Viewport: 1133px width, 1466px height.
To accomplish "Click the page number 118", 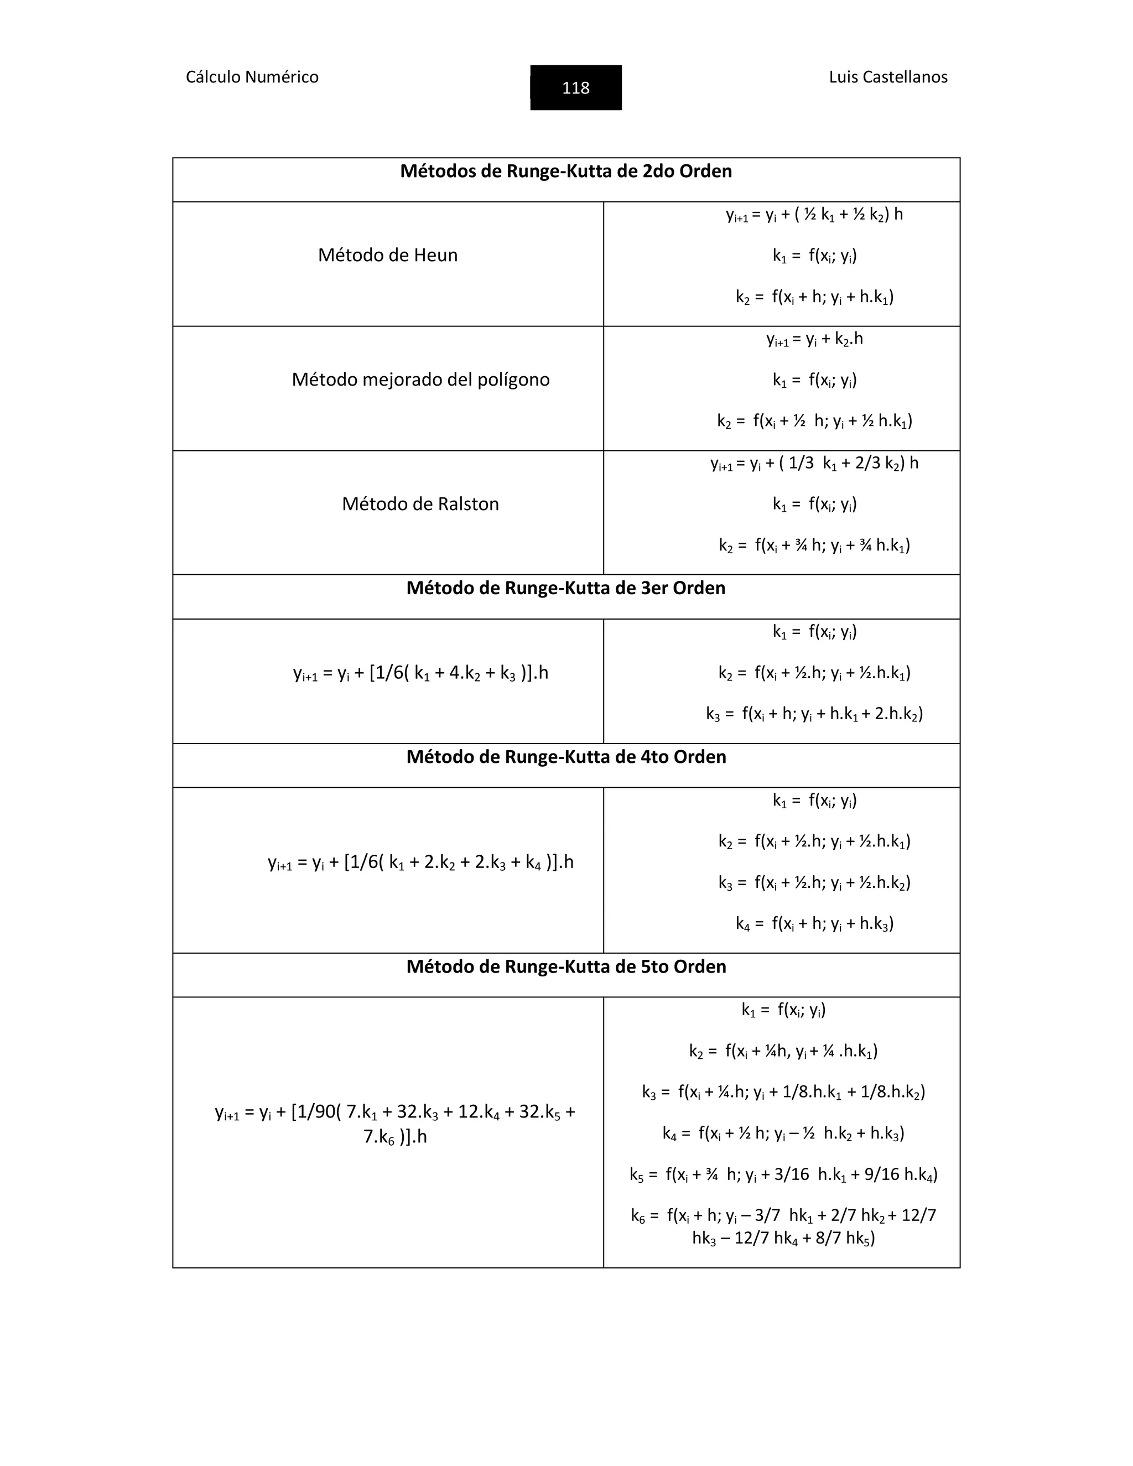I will coord(575,88).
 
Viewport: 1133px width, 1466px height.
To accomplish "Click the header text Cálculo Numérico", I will coord(252,77).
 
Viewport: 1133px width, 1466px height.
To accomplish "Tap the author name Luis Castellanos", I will coord(887,77).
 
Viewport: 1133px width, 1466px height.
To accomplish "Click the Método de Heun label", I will coord(387,255).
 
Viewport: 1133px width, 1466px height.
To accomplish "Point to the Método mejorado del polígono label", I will coord(420,380).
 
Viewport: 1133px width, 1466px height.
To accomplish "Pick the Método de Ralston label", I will coord(420,504).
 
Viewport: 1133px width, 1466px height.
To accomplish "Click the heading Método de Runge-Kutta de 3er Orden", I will coord(566,589).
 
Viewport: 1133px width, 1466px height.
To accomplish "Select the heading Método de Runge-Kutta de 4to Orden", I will coord(566,757).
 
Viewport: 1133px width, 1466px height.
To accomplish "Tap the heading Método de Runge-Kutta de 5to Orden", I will coord(566,966).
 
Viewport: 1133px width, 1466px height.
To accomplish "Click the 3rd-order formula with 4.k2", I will coord(420,673).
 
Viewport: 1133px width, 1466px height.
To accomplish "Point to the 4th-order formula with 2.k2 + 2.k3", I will coord(420,862).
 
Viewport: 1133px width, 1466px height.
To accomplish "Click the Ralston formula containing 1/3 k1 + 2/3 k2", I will coord(814,464).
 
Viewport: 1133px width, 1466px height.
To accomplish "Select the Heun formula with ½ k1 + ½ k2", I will coord(814,215).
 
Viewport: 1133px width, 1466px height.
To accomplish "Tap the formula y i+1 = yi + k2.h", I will coord(814,340).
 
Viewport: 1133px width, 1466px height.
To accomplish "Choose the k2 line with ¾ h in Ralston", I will coord(814,545).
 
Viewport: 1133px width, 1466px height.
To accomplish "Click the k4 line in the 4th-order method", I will coord(814,924).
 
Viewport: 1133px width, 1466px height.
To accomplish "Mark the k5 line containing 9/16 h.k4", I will coord(783,1174).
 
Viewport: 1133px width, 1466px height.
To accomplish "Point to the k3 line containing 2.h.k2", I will coord(814,714).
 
